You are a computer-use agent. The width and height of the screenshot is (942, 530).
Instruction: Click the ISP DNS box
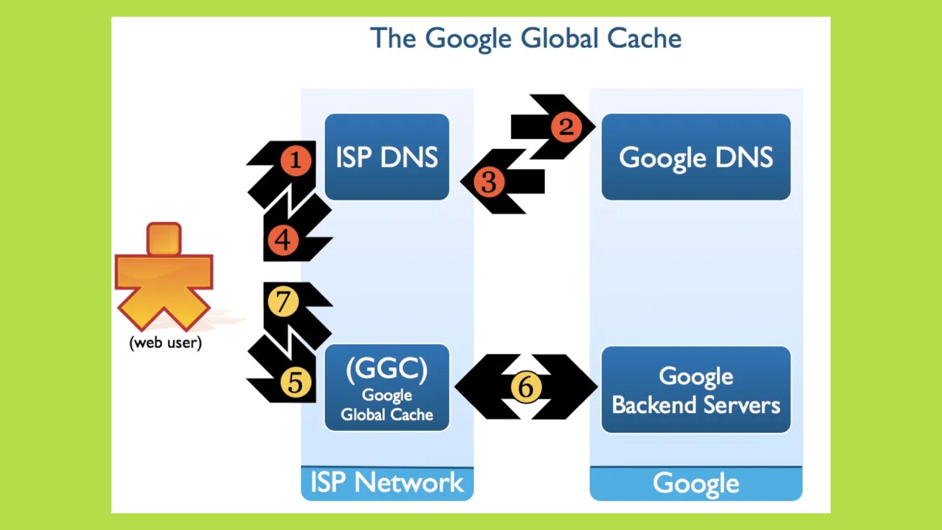click(387, 157)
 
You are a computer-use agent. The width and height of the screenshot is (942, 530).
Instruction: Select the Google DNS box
click(696, 157)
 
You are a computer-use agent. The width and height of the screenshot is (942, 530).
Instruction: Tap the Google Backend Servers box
click(696, 390)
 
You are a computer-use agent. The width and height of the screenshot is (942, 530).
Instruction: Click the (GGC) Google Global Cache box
click(387, 388)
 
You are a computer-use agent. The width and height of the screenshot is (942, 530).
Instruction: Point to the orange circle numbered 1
click(295, 160)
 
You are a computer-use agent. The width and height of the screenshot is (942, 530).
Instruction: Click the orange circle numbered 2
click(566, 127)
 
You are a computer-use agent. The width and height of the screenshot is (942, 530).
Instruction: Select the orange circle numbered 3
click(489, 182)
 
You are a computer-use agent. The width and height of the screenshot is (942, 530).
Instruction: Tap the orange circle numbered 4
click(283, 240)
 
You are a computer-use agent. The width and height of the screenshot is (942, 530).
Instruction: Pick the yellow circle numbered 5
click(296, 382)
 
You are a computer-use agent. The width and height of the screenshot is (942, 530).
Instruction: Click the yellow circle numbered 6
click(526, 387)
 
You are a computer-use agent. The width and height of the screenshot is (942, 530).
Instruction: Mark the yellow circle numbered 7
click(283, 301)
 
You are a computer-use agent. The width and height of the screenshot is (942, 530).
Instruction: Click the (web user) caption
click(165, 343)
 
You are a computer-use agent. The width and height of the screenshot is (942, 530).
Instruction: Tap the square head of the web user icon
click(164, 239)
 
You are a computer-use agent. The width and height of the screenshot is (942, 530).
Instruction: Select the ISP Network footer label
click(387, 482)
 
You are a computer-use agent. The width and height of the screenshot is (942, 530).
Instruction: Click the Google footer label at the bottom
click(696, 483)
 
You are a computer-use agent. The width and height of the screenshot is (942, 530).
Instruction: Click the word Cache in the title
click(644, 38)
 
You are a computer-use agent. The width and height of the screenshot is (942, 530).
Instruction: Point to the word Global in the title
click(559, 38)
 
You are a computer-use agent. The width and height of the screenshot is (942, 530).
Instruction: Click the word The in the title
click(393, 38)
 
